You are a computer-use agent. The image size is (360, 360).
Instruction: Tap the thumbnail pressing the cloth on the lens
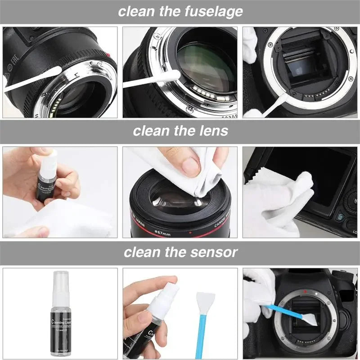click(x=191, y=166)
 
